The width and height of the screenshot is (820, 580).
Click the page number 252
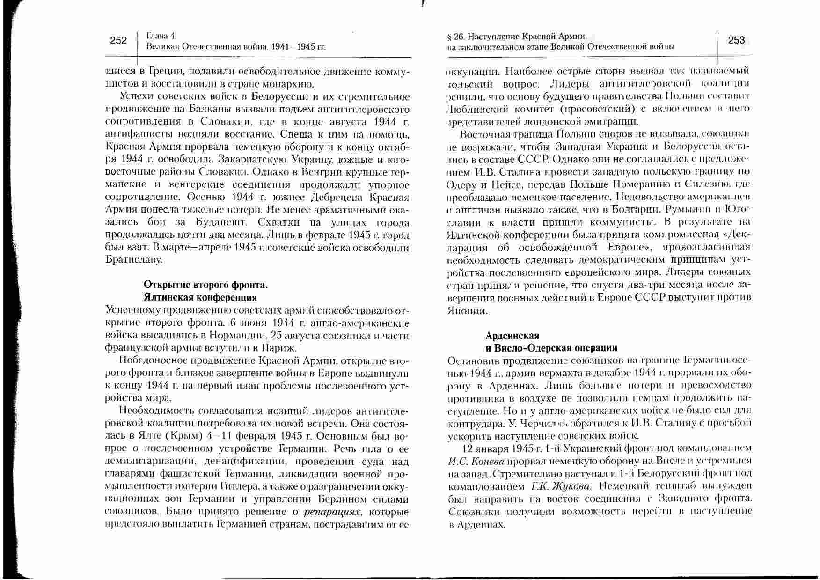point(118,40)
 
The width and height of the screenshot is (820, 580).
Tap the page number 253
point(736,40)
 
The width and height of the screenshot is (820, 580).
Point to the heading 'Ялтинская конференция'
point(200,297)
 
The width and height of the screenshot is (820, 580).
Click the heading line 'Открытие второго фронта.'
point(205,285)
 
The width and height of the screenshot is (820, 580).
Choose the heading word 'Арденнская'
point(512,336)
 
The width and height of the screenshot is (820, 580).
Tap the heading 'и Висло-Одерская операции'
point(551,348)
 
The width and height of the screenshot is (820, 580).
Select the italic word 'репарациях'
point(333,512)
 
